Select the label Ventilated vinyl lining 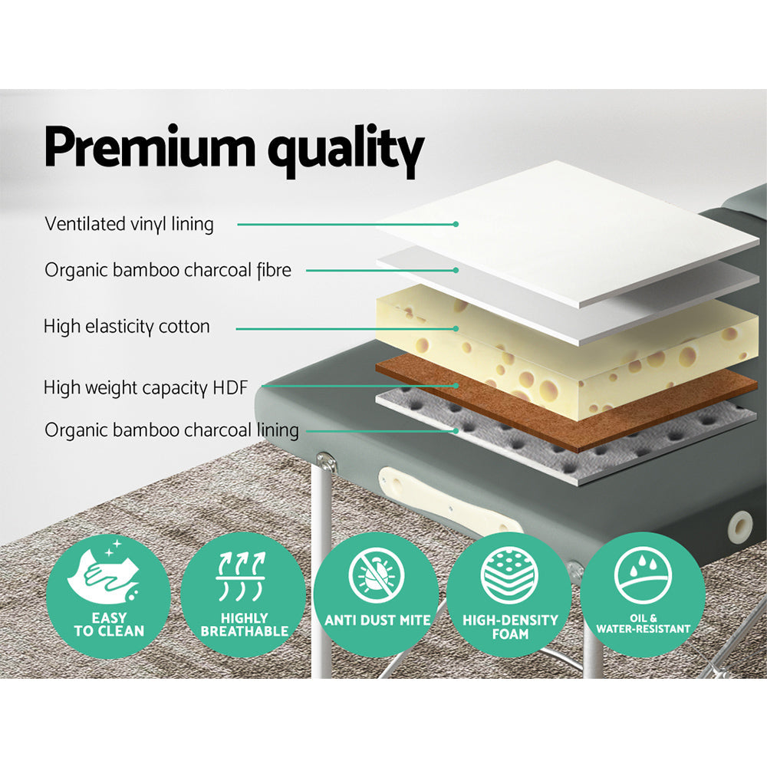click(129, 224)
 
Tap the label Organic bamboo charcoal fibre click(168, 270)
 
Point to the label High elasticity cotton click(127, 327)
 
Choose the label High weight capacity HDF click(146, 388)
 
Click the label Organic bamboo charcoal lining click(171, 430)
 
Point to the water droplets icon click(644, 573)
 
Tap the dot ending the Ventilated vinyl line click(456, 224)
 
